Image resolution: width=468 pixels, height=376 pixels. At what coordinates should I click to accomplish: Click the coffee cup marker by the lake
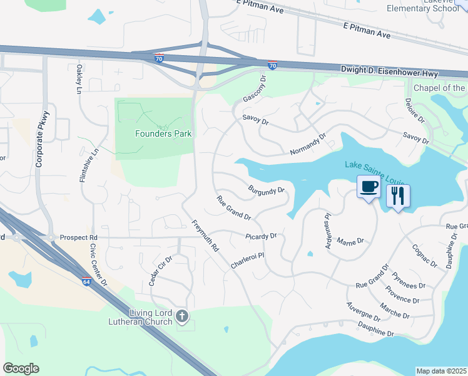pyautogui.click(x=368, y=187)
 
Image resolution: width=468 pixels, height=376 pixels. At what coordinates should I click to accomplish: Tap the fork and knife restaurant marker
pyautogui.click(x=398, y=197)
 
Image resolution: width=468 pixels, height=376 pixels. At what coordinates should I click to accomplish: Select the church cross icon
pyautogui.click(x=181, y=316)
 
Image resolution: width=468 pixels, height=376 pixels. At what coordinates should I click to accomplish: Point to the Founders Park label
pyautogui.click(x=163, y=133)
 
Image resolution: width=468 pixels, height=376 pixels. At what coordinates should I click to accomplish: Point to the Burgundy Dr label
pyautogui.click(x=266, y=189)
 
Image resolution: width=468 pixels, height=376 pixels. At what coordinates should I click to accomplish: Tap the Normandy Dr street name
pyautogui.click(x=308, y=144)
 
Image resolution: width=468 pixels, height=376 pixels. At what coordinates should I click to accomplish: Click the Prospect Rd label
pyautogui.click(x=79, y=238)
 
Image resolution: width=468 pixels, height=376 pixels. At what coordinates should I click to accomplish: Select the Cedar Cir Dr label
pyautogui.click(x=160, y=271)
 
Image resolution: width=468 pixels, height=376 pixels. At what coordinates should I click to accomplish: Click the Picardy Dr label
pyautogui.click(x=262, y=236)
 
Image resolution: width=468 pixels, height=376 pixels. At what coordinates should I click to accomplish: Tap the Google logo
pyautogui.click(x=21, y=368)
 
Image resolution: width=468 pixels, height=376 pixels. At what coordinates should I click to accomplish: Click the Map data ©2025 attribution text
pyautogui.click(x=442, y=371)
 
